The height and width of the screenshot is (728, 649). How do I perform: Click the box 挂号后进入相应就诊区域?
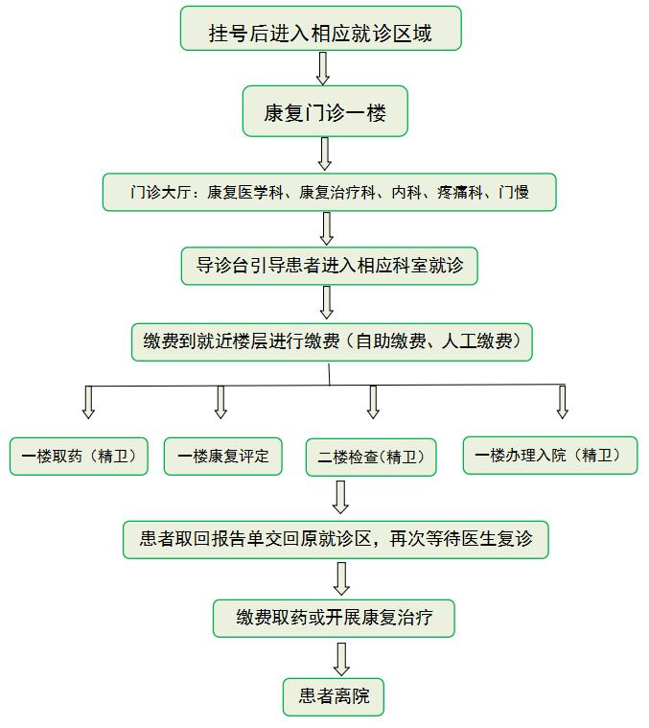[321, 29]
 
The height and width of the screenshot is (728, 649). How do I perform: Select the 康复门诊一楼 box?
[325, 111]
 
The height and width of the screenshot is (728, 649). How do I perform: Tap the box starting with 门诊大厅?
[330, 192]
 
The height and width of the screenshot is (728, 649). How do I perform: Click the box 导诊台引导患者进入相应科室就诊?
[330, 266]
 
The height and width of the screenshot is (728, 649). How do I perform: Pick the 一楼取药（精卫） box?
[79, 457]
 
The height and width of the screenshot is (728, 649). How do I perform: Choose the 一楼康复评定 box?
[223, 457]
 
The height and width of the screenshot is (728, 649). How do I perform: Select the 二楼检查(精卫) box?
[371, 458]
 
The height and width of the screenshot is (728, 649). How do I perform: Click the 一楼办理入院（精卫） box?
[550, 456]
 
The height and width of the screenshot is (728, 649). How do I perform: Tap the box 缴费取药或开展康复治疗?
[334, 619]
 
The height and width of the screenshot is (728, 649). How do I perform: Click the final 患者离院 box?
[334, 697]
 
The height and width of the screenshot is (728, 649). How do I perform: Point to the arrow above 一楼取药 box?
[88, 403]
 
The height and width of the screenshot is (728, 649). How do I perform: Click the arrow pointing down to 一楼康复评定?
[220, 403]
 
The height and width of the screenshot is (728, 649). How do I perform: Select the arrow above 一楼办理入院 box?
[563, 403]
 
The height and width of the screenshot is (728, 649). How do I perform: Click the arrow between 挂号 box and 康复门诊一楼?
[323, 68]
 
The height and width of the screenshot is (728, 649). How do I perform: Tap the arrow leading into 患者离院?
[341, 659]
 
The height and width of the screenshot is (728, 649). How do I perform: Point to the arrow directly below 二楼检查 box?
[341, 497]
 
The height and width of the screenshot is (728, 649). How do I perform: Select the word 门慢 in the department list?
[514, 192]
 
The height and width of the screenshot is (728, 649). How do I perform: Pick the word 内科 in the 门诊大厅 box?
[406, 192]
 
